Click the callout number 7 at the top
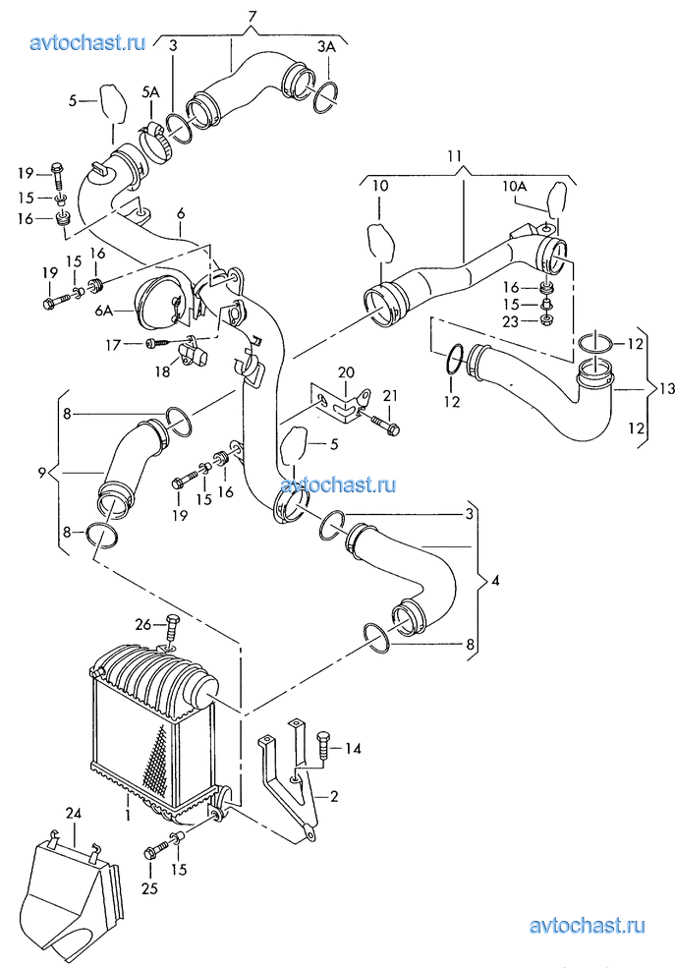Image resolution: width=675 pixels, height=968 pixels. [252, 16]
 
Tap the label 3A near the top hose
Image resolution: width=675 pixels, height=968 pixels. [327, 46]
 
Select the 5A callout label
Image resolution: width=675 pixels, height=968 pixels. [150, 92]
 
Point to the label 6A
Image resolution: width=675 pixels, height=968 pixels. [103, 313]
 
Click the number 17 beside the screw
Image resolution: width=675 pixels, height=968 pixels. [113, 345]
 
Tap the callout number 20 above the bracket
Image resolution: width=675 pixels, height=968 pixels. [346, 372]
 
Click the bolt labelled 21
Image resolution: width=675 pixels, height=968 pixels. [386, 425]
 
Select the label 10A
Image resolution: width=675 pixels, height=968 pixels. [514, 186]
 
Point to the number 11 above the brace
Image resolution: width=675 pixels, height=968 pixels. [455, 155]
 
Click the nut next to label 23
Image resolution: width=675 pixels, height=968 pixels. [545, 319]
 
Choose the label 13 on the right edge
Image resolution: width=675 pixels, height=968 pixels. [667, 388]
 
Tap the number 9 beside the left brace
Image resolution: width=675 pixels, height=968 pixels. [42, 473]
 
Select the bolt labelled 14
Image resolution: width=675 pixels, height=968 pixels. [322, 748]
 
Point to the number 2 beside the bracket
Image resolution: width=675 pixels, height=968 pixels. [334, 796]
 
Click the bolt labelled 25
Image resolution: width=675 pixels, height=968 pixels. [160, 847]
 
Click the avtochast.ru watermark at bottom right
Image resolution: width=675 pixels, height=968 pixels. [588, 926]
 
